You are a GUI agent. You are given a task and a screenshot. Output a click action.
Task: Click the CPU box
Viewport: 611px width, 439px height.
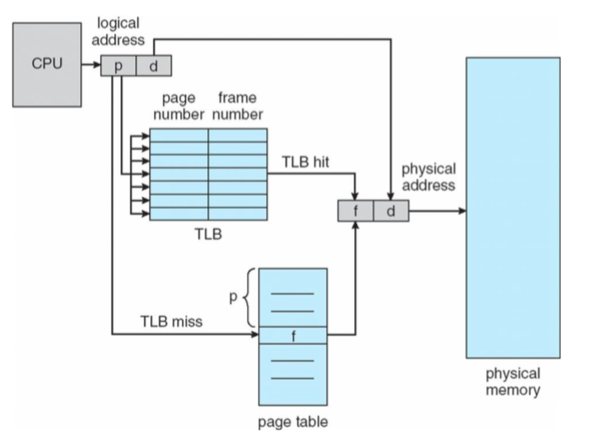[x=47, y=64]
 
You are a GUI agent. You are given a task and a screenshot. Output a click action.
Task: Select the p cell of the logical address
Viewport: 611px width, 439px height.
[x=119, y=66]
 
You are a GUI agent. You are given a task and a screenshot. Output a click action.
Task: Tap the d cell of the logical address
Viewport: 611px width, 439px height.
[x=154, y=66]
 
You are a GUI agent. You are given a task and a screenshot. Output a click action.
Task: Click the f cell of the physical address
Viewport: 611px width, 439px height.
[x=356, y=211]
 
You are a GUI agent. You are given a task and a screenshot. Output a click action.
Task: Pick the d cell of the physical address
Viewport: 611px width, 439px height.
[x=391, y=211]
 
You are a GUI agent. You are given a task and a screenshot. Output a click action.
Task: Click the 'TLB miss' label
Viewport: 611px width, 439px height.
[x=171, y=320]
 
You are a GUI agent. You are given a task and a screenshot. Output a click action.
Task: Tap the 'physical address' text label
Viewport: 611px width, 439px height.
[x=428, y=177]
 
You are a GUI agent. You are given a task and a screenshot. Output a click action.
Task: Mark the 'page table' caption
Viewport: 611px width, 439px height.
[x=293, y=423]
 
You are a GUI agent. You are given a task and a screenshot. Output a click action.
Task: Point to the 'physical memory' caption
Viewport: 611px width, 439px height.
[x=513, y=381]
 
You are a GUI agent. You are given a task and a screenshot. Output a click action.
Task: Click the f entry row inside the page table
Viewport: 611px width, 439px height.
[x=293, y=337]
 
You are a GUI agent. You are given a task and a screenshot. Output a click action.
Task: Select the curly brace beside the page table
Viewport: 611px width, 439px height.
[x=249, y=298]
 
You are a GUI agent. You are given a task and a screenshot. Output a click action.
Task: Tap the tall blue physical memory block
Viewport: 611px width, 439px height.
[x=513, y=207]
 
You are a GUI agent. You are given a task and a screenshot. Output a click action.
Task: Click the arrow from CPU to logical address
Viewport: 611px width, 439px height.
[x=91, y=66]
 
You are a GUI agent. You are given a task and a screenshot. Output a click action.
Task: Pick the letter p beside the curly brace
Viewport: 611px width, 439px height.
[x=233, y=298]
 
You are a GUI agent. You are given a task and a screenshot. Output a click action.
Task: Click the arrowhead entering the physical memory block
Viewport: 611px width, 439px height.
[x=462, y=211]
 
